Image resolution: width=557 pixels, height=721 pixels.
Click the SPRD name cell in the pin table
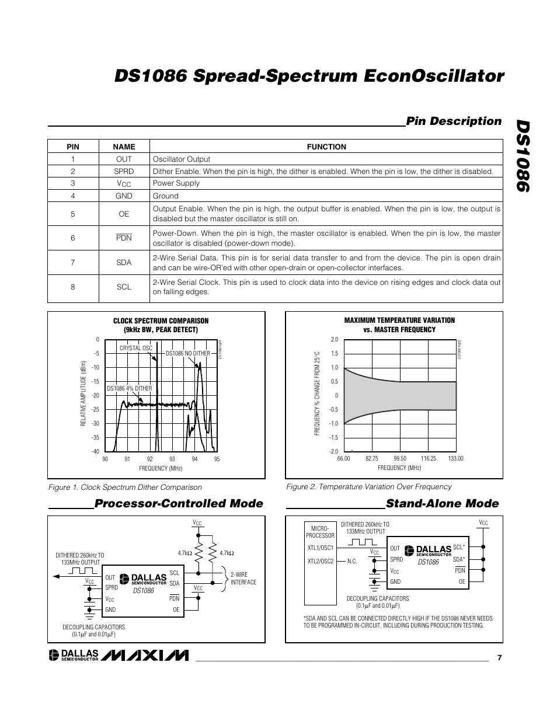[x=124, y=171]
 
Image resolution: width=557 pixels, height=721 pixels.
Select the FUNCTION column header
[x=326, y=147]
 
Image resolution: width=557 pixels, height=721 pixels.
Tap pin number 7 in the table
[x=73, y=262]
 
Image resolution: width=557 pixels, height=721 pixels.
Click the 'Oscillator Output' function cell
[x=182, y=159]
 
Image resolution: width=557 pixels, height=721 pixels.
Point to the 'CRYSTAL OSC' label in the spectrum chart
[x=135, y=348]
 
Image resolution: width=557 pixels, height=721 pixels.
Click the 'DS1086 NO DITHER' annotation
[x=187, y=353]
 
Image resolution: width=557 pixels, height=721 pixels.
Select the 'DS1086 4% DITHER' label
[x=129, y=388]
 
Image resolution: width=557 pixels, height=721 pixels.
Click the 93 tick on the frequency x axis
[x=172, y=459]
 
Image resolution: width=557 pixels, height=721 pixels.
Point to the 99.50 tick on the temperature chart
[x=400, y=459]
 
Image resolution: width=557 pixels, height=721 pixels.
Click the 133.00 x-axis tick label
[x=455, y=459]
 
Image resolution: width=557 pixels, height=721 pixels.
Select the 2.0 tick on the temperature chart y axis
[x=335, y=339]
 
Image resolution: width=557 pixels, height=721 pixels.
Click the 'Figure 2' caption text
[x=368, y=486]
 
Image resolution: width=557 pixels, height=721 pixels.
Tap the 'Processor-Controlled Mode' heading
[x=179, y=503]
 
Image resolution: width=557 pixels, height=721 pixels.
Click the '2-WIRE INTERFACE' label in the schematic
[x=243, y=578]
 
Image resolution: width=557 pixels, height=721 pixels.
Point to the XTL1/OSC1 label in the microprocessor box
[x=320, y=548]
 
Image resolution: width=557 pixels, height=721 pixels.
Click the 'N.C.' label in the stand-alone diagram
[x=351, y=561]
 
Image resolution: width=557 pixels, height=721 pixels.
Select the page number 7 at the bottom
[x=500, y=657]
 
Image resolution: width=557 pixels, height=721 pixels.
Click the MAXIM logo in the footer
[x=145, y=656]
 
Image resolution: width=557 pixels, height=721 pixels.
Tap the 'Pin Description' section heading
[x=454, y=121]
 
